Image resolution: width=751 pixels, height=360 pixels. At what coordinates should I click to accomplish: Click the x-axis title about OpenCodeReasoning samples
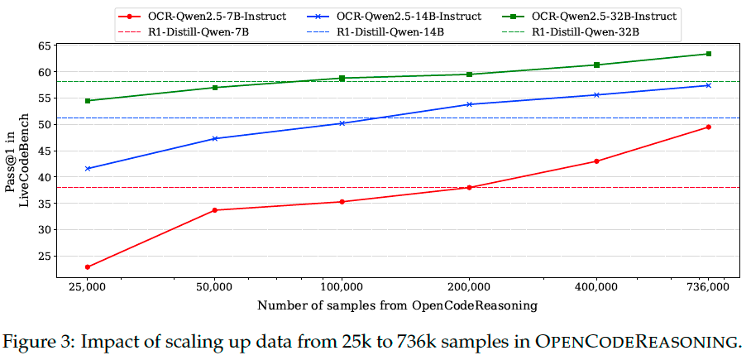tap(397, 305)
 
